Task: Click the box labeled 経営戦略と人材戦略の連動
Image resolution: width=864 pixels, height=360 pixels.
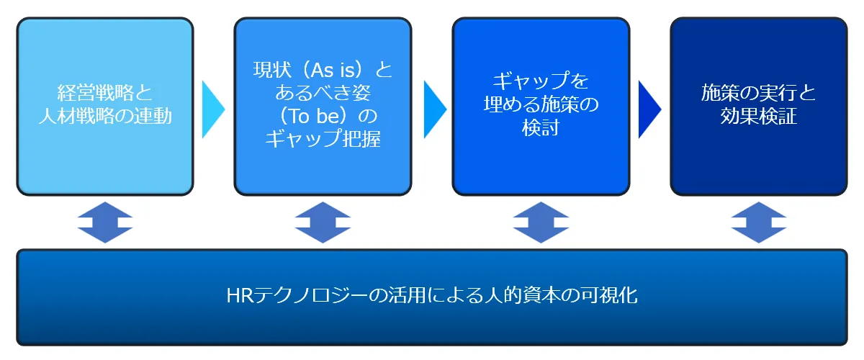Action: click(x=105, y=106)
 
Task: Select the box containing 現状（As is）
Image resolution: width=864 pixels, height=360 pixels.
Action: click(x=323, y=106)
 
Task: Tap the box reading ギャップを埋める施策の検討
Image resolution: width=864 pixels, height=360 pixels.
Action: click(x=541, y=106)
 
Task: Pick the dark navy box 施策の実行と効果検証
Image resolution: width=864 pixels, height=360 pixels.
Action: click(x=759, y=106)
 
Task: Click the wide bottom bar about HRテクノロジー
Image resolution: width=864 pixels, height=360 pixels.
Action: click(x=432, y=297)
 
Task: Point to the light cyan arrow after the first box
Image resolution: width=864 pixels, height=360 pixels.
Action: click(x=213, y=109)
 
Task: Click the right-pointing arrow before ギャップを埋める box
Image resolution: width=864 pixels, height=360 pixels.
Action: click(x=435, y=109)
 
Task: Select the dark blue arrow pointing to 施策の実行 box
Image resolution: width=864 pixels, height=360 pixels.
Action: click(x=649, y=109)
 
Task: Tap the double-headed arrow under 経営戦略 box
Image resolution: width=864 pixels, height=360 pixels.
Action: click(x=105, y=222)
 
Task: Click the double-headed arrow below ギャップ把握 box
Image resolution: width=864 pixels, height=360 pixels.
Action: click(x=323, y=222)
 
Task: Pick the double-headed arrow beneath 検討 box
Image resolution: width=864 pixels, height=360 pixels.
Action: click(x=541, y=222)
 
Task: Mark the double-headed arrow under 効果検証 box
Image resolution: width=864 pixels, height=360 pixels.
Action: click(x=759, y=222)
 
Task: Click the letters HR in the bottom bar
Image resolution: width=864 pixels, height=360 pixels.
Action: click(x=240, y=296)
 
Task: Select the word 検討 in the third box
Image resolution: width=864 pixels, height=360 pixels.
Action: click(x=541, y=127)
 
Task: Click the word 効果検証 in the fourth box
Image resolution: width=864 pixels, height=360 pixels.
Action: click(x=759, y=116)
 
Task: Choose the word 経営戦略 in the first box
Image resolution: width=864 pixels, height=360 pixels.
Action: click(x=95, y=93)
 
